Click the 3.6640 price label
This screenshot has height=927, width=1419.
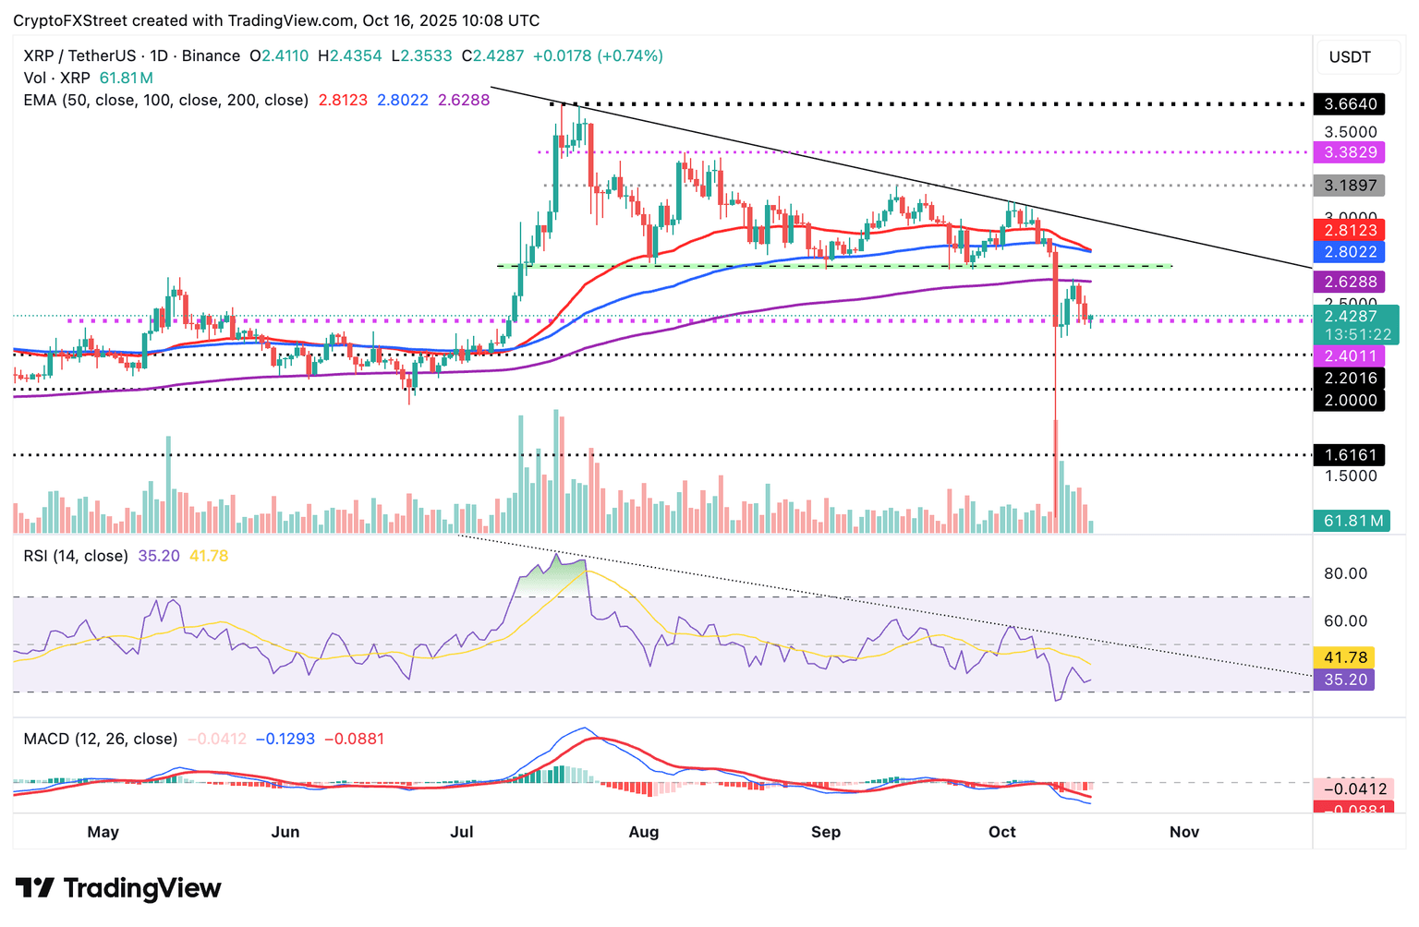tap(1350, 104)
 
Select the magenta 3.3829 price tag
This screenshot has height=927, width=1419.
tap(1350, 152)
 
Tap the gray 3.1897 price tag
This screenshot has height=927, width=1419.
tap(1350, 186)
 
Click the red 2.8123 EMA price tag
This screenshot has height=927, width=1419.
tap(1350, 231)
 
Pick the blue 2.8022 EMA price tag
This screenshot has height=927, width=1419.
tap(1350, 252)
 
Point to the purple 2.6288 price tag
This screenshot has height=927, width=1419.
tap(1350, 283)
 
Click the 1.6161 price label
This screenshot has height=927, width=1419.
tap(1350, 455)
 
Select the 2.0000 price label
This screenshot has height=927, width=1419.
tap(1350, 401)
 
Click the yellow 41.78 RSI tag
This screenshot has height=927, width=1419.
tap(1345, 658)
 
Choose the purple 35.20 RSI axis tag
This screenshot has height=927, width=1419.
tap(1345, 680)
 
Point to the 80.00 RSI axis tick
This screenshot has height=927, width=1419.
tap(1345, 573)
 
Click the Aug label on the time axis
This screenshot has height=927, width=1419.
tap(644, 832)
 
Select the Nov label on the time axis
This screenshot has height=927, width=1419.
tap(1184, 832)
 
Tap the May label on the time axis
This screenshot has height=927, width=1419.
tap(103, 832)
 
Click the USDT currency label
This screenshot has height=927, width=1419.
tap(1350, 57)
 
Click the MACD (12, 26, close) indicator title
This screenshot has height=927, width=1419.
tap(101, 740)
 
